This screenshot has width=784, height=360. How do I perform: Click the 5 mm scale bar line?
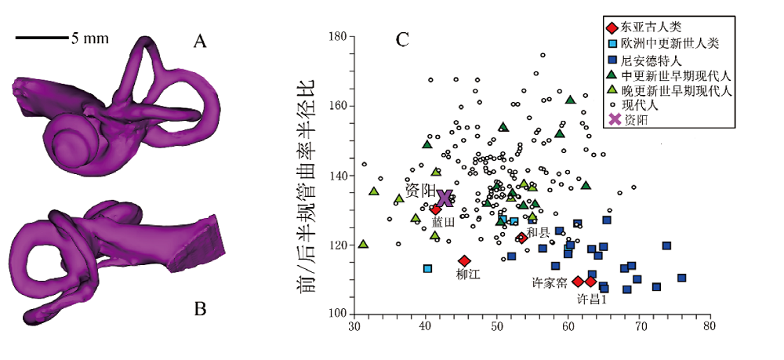tap(42, 37)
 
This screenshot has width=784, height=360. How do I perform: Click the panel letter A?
tap(201, 42)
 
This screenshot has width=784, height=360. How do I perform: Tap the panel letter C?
tap(403, 39)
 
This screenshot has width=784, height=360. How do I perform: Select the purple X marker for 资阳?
tap(445, 198)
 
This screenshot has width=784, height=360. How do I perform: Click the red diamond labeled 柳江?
tap(464, 260)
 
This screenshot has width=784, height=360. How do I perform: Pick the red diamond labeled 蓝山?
tap(436, 209)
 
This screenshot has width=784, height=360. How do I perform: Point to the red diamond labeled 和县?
tap(522, 238)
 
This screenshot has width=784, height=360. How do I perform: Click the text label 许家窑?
tap(550, 282)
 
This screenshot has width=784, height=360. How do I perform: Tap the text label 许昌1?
tap(593, 299)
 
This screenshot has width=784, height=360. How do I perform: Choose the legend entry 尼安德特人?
tap(650, 59)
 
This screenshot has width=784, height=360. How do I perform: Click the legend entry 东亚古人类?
tap(650, 27)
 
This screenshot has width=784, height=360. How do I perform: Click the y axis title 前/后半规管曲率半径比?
tap(307, 186)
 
